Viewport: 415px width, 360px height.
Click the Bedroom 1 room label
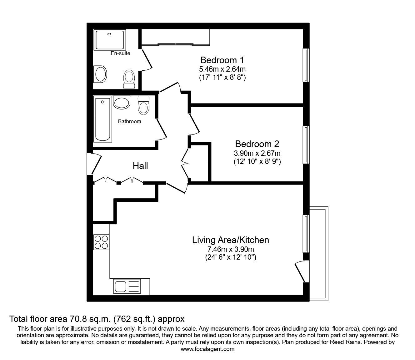222,60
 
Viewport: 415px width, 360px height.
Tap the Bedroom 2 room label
257,144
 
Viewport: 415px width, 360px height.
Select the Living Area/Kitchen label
230,240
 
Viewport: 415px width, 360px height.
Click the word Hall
140,166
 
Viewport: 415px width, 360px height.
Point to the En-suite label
120,53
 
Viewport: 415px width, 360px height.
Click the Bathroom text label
129,121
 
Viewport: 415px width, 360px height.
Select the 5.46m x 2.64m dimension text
222,69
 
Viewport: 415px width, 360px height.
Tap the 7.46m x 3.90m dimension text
231,250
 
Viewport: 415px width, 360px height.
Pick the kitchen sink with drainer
127,286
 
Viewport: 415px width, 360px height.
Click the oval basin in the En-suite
101,74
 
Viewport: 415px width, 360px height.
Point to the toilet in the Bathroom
143,105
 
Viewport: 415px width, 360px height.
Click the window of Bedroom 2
306,145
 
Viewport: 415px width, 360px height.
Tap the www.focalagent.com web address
207,349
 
